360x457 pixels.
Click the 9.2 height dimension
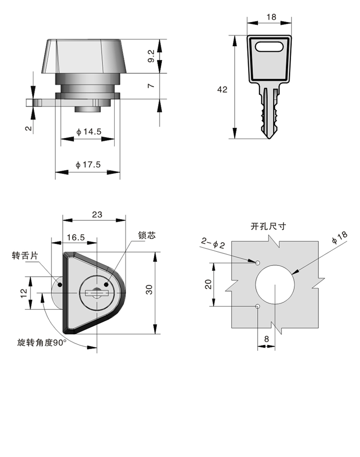[151, 56]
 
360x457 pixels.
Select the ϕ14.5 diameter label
[88, 132]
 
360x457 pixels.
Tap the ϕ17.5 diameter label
[88, 165]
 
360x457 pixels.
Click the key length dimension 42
[222, 90]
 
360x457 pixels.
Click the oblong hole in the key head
[270, 47]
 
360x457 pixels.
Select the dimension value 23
[96, 214]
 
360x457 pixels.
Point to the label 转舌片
[23, 256]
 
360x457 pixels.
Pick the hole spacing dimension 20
[208, 284]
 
